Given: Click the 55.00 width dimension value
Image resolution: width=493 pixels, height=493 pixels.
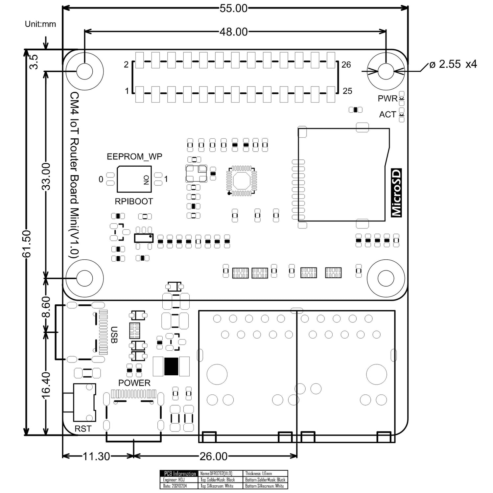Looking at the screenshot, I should pyautogui.click(x=233, y=8).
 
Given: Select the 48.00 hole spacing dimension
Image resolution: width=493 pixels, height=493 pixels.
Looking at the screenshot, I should pyautogui.click(x=233, y=32).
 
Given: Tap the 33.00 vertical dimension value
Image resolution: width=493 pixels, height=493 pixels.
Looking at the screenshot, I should pyautogui.click(x=46, y=176).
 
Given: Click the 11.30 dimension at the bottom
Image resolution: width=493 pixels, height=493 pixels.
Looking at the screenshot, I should pyautogui.click(x=96, y=456).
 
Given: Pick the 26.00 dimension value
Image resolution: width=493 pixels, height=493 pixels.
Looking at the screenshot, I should pyautogui.click(x=213, y=456).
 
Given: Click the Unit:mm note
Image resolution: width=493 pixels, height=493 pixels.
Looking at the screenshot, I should pyautogui.click(x=40, y=24).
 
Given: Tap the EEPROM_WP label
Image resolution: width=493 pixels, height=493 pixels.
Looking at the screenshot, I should pyautogui.click(x=134, y=156).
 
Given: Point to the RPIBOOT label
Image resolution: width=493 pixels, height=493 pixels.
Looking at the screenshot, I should pyautogui.click(x=134, y=201).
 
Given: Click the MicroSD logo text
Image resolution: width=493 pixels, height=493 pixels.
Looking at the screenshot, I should pyautogui.click(x=396, y=193).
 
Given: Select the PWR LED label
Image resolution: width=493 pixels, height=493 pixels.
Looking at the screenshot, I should pyautogui.click(x=387, y=99).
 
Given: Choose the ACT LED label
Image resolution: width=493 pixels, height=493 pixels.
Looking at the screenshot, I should pyautogui.click(x=387, y=114).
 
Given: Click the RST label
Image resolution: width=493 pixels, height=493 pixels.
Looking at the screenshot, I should pyautogui.click(x=83, y=429).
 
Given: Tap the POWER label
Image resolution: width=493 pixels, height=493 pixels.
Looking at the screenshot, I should pyautogui.click(x=134, y=383).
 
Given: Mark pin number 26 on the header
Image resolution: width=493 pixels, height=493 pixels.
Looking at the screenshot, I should pyautogui.click(x=346, y=65).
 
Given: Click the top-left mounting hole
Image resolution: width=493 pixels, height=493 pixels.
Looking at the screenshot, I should pyautogui.click(x=85, y=71).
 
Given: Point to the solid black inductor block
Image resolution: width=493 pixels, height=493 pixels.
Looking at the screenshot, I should pyautogui.click(x=171, y=366).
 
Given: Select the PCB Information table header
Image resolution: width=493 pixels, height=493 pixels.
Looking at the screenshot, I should pyautogui.click(x=179, y=474).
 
